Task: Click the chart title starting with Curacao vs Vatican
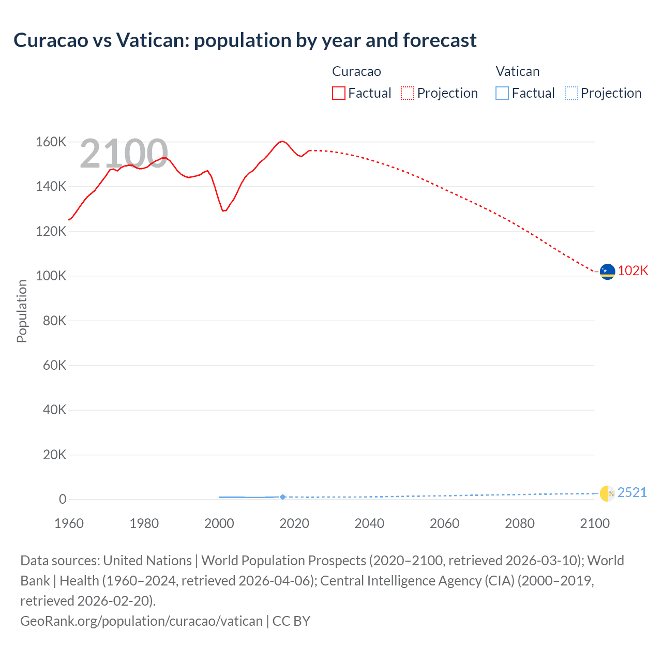(x=245, y=40)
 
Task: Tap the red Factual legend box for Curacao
(x=339, y=93)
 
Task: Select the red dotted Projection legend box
(x=408, y=93)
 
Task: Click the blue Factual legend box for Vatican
(x=502, y=93)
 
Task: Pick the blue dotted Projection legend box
(x=571, y=93)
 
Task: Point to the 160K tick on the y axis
(x=51, y=142)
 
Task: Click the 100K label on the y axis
(x=51, y=276)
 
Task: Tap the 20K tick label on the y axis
(x=54, y=455)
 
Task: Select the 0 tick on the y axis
(x=63, y=499)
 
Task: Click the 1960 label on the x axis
(x=69, y=523)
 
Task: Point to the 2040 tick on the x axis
(x=369, y=523)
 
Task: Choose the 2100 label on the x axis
(x=595, y=523)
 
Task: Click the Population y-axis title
(x=22, y=311)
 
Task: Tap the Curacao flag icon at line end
(x=607, y=271)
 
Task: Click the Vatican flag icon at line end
(x=607, y=493)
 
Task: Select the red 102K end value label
(x=633, y=271)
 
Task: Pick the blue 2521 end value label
(x=632, y=492)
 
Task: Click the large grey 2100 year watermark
(x=124, y=154)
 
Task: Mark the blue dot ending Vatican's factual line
(x=282, y=497)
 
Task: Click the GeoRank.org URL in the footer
(x=141, y=621)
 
